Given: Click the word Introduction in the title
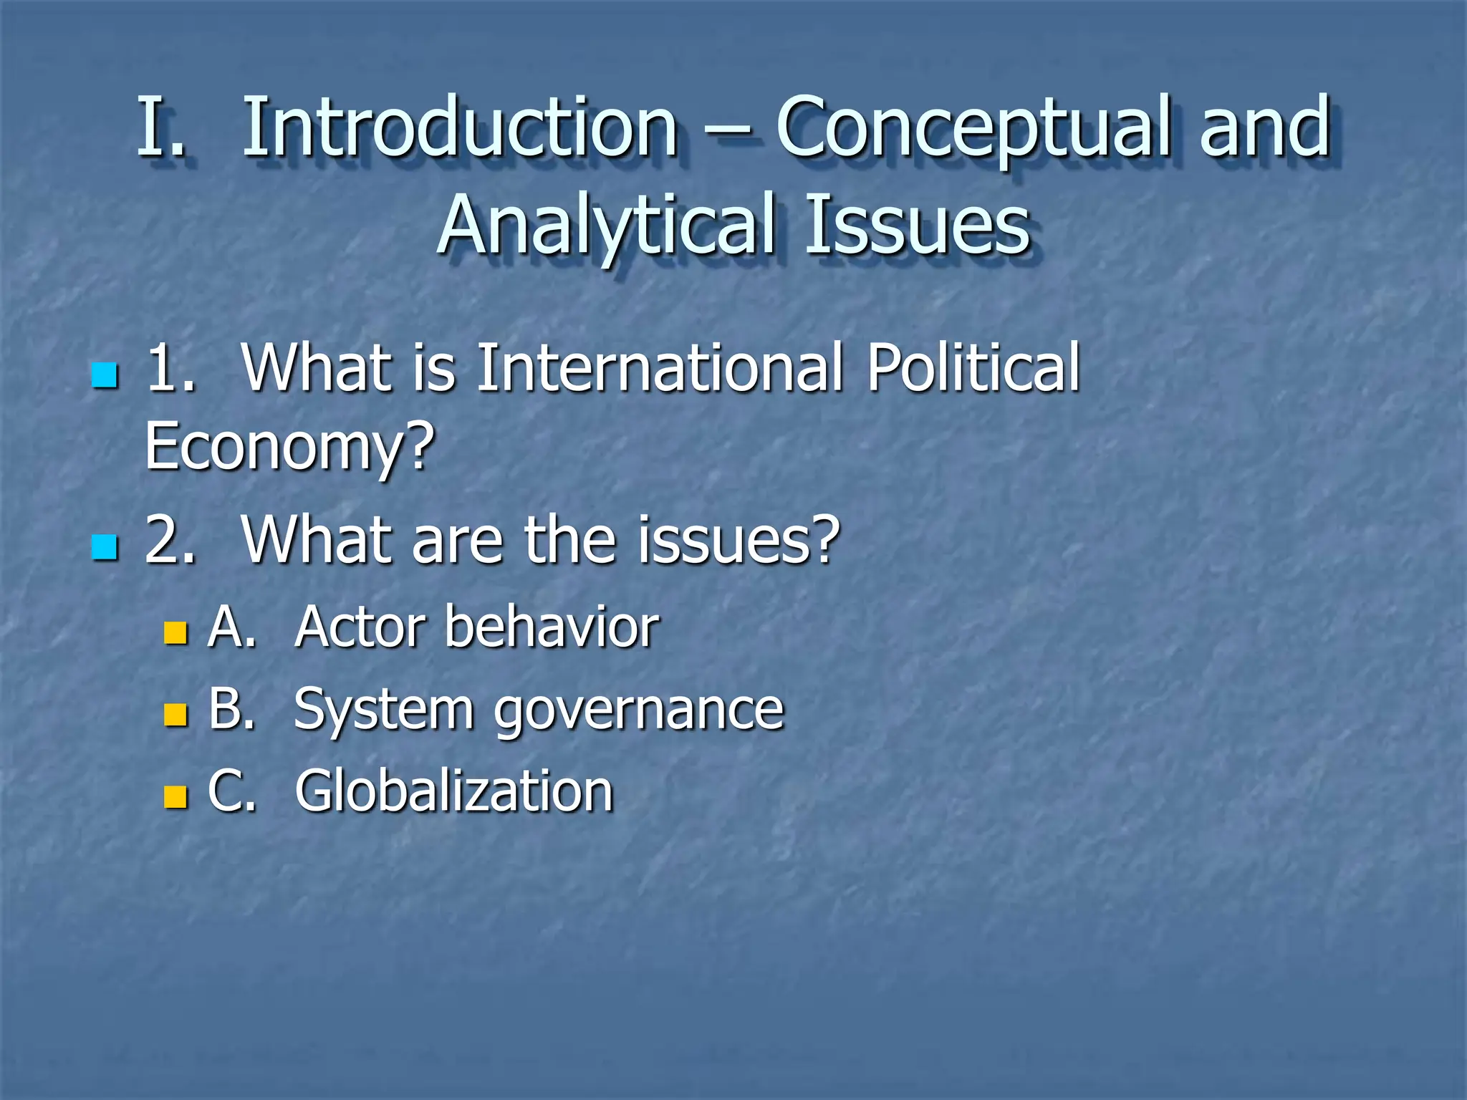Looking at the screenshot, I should tap(459, 127).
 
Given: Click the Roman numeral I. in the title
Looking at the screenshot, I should tap(160, 127).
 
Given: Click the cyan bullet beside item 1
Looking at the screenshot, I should tap(105, 375).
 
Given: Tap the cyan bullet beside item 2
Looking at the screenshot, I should tap(105, 546).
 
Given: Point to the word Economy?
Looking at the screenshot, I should tap(289, 447).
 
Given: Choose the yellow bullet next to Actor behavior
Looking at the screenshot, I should tap(175, 632).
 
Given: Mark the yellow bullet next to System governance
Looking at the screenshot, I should tap(175, 715).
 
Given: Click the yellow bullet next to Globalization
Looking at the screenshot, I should tap(175, 796).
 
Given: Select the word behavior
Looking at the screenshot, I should tap(552, 627).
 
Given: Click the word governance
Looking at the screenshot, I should tap(639, 710).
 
